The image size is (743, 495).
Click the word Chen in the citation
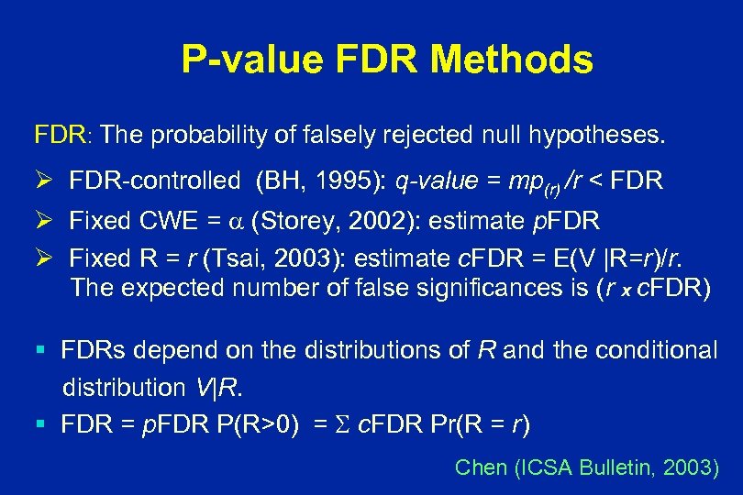click(481, 467)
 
